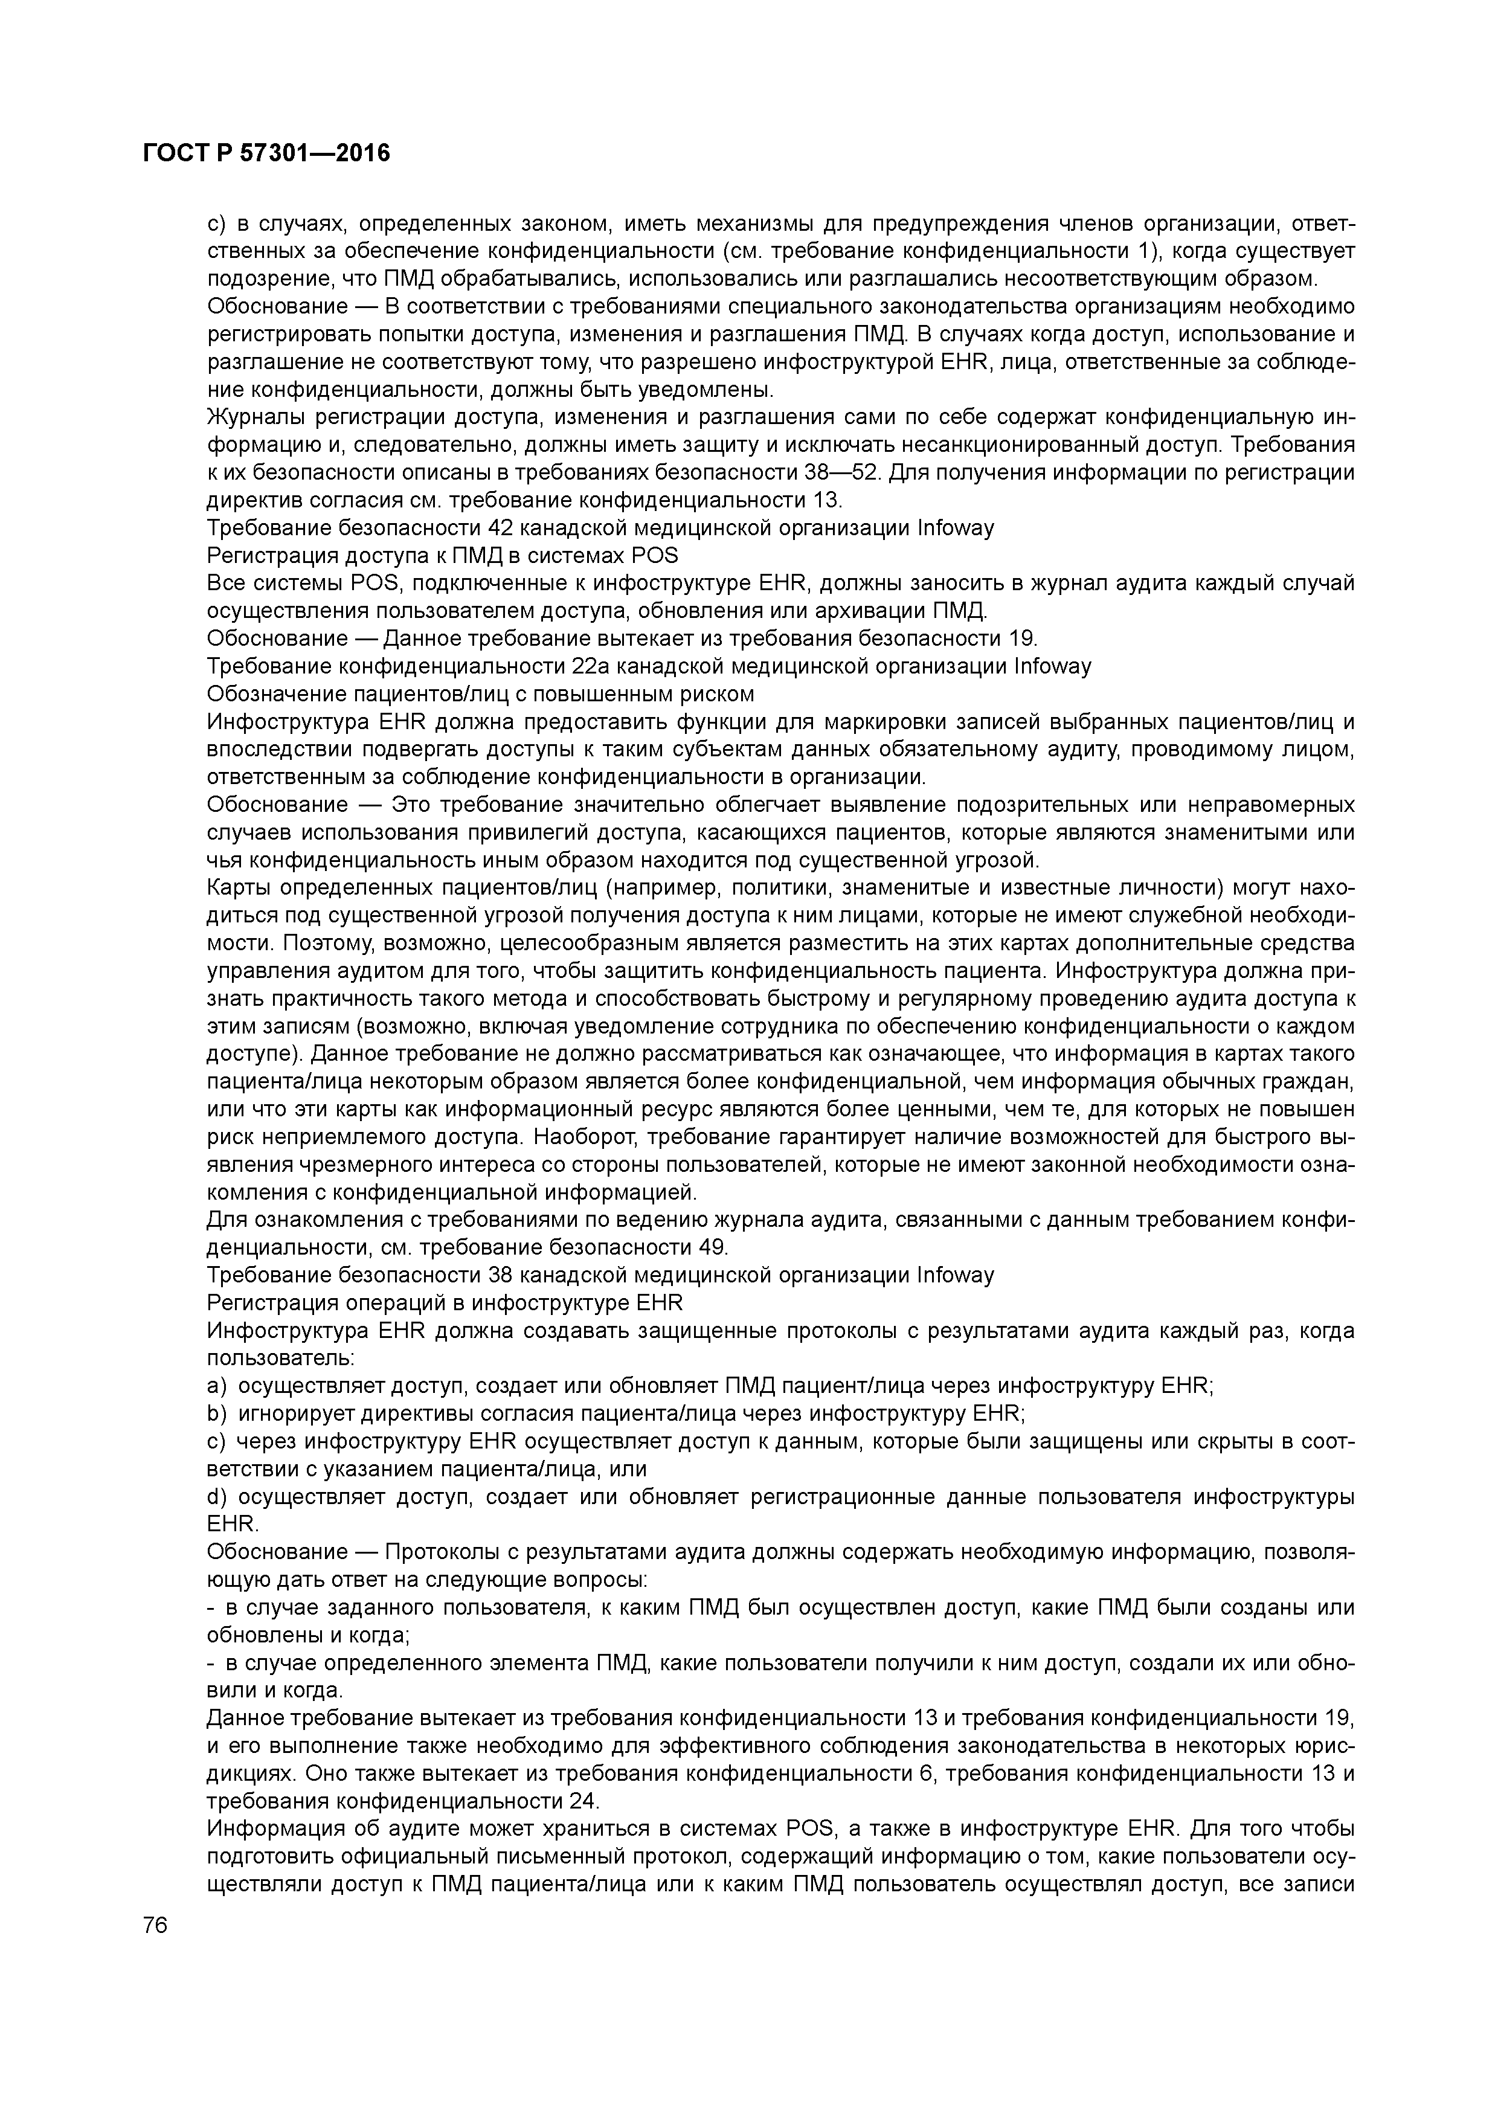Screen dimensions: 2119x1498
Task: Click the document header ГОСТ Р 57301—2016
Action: pyautogui.click(x=267, y=153)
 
